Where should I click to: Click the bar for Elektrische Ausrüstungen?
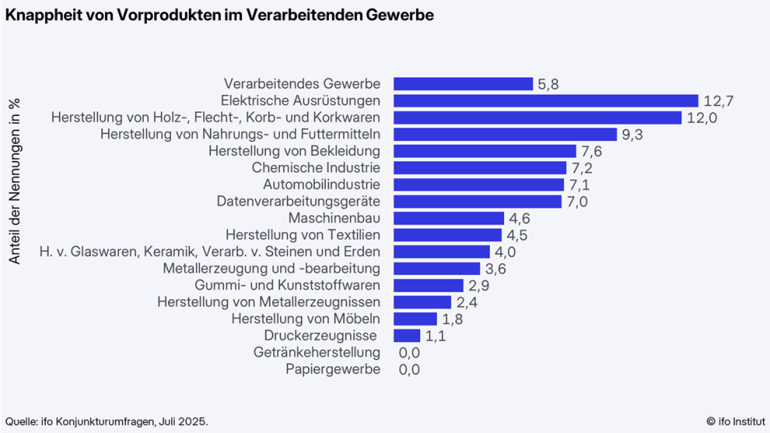(x=546, y=101)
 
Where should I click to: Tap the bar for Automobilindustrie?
(x=478, y=185)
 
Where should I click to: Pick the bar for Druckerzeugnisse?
(x=407, y=336)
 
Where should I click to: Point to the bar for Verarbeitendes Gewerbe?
(x=463, y=84)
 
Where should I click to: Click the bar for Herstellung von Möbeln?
(x=415, y=319)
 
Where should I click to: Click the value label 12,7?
(x=719, y=101)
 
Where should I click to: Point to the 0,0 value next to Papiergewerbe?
(x=409, y=370)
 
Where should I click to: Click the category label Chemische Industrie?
(x=316, y=168)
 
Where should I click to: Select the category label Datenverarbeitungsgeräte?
(x=298, y=201)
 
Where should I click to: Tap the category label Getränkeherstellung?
(x=317, y=353)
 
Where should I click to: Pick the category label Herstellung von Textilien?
(x=303, y=235)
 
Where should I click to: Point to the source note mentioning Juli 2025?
(x=107, y=421)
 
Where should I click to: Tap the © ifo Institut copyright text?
(x=734, y=421)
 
